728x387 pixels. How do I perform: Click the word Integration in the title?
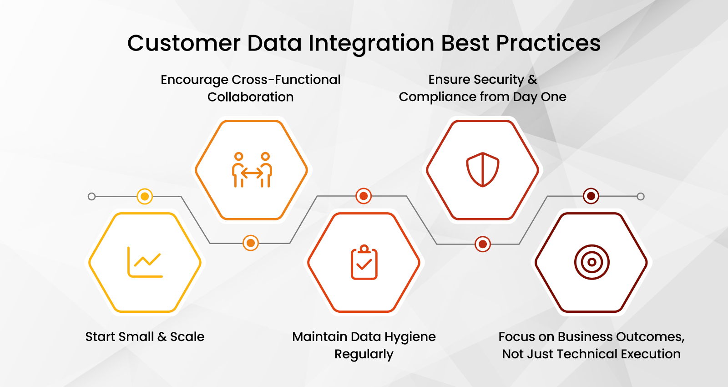click(371, 44)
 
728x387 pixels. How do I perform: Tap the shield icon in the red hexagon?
click(483, 170)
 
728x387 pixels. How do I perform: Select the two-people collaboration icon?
click(252, 170)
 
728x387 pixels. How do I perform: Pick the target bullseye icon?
click(591, 262)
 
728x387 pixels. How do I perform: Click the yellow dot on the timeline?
click(145, 197)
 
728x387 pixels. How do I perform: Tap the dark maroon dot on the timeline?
click(591, 196)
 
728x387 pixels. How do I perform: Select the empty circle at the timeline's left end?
click(91, 197)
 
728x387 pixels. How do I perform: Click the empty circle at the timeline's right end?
click(641, 197)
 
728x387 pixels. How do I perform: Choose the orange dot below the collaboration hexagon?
click(251, 243)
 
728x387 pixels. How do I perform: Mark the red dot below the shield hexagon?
click(483, 244)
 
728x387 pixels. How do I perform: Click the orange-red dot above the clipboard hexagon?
click(364, 196)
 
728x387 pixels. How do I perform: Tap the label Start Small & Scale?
click(145, 337)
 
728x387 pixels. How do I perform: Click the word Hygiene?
click(410, 337)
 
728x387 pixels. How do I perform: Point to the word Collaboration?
click(250, 97)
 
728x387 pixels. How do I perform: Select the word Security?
click(499, 80)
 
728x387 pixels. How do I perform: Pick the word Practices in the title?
click(548, 44)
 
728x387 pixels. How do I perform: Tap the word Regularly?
click(364, 355)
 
